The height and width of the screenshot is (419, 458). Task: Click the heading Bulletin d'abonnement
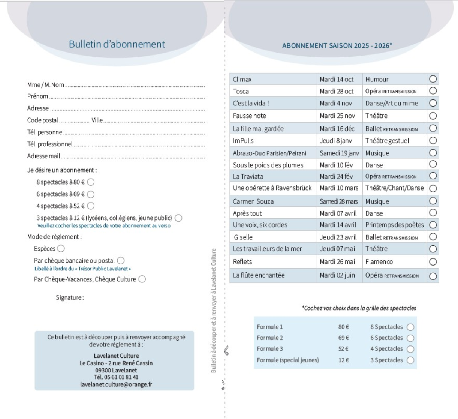click(117, 44)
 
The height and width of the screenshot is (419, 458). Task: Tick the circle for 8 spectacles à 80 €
click(91, 182)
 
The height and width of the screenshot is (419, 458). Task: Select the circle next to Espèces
click(61, 248)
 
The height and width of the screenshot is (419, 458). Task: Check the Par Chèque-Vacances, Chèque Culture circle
click(142, 279)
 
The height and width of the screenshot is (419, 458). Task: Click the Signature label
click(70, 298)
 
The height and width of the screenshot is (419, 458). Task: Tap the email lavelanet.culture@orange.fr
click(116, 384)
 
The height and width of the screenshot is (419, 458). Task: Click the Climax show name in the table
click(242, 80)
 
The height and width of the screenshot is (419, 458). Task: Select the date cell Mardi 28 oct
click(337, 92)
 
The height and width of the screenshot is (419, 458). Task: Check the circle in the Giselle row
click(433, 237)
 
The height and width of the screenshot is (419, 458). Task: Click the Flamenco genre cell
click(379, 262)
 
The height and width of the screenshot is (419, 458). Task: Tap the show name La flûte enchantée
click(259, 275)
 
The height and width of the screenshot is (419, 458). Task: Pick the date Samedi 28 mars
click(339, 201)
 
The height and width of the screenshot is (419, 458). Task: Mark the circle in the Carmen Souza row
click(433, 201)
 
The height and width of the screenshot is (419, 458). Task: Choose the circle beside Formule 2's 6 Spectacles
click(410, 338)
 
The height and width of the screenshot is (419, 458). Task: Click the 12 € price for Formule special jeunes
click(344, 360)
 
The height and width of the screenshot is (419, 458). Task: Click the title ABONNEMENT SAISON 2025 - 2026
click(337, 46)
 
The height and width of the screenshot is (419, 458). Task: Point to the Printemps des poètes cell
click(395, 225)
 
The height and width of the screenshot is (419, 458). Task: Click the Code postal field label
click(43, 120)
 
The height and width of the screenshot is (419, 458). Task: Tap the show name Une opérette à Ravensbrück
click(272, 188)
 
